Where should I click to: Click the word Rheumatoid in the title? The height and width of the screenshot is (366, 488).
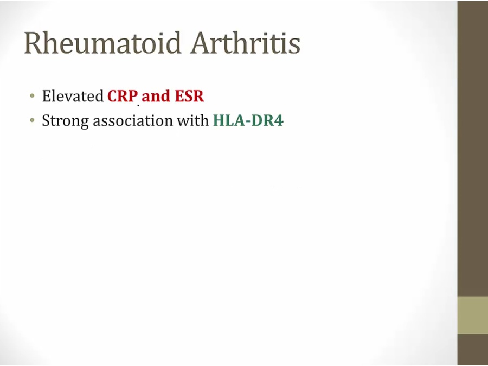point(102,43)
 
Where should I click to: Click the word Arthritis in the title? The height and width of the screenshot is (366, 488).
point(246,43)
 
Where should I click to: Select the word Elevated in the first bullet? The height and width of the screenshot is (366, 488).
point(73,96)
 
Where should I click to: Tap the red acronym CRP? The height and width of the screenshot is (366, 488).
point(123,96)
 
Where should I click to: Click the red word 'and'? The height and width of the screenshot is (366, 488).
point(156,96)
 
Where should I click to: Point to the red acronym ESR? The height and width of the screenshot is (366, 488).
point(189,96)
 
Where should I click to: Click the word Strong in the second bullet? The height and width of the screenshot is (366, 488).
point(66,121)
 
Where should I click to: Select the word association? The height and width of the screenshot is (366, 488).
point(133,120)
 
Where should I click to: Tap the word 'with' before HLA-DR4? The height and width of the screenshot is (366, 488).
point(193,120)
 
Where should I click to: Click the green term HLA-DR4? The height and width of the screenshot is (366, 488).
point(248,120)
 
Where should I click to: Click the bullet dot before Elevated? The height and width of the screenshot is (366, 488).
point(32,95)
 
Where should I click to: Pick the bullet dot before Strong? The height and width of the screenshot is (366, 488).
point(32,120)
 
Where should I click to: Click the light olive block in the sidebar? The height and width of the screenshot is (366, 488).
point(472,315)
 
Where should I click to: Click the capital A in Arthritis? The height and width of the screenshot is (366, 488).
point(201,43)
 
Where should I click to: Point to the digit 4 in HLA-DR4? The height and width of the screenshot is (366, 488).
point(279,121)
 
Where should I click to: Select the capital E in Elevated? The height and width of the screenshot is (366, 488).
point(47,96)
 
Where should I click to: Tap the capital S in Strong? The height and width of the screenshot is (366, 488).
point(46,121)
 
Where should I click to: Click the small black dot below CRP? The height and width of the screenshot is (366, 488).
point(138,106)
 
